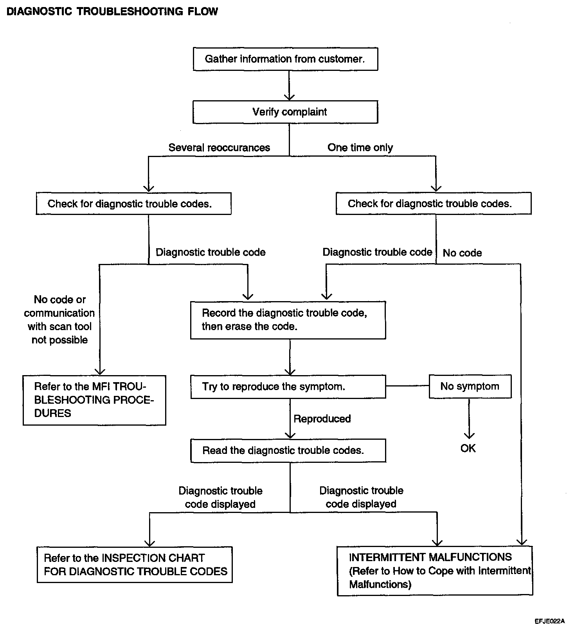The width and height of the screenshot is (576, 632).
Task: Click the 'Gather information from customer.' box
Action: coord(285,59)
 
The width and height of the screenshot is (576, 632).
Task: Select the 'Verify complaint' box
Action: coord(285,112)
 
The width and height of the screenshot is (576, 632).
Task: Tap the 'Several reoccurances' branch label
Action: coord(219,148)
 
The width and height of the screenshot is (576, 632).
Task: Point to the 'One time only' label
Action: coord(360,148)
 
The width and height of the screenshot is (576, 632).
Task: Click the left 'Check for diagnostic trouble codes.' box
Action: coord(133,204)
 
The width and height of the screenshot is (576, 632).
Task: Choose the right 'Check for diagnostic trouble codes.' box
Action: coord(434,204)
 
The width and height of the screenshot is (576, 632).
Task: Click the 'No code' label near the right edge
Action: coord(462,253)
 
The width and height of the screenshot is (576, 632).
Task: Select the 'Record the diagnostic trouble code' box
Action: coord(288,320)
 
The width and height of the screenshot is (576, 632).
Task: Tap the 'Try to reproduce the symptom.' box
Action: coord(288,387)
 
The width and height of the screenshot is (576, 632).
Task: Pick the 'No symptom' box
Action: coord(470,386)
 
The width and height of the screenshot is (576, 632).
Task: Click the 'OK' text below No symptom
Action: coord(468,448)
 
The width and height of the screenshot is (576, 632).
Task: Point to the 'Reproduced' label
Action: coord(322,419)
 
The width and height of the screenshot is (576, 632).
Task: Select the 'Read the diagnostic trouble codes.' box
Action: coord(288,451)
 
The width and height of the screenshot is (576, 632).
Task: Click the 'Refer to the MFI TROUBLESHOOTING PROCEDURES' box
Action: coord(94,400)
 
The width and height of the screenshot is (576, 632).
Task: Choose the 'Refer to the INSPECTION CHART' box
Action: coord(135,565)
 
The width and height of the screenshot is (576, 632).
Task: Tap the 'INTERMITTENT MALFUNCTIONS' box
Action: coord(435,571)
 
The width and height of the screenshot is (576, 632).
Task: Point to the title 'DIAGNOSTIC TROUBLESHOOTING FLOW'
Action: coord(112,11)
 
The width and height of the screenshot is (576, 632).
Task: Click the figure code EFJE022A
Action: coord(550,621)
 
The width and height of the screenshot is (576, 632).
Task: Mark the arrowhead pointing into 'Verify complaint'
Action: coord(289,97)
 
